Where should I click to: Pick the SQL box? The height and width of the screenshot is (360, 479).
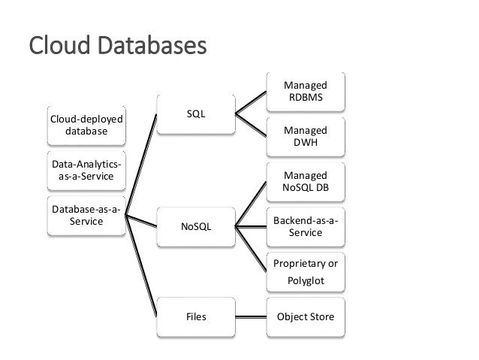195,114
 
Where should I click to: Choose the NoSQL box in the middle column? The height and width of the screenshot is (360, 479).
195,225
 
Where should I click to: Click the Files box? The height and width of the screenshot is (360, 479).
195,316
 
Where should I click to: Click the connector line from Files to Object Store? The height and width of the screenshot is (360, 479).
252,316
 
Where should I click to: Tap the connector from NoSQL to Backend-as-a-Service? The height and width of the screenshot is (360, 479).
252,225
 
